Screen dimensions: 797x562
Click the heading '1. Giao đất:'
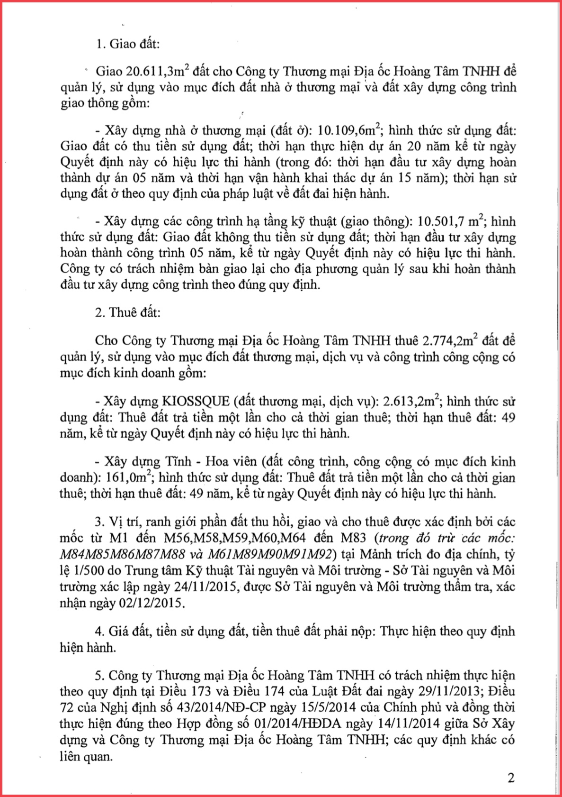coord(128,44)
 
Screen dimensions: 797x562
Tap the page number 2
coord(510,778)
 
